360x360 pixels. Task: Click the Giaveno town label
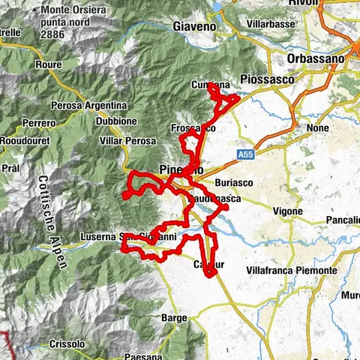[193, 26]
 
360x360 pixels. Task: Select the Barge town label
[173, 318]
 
